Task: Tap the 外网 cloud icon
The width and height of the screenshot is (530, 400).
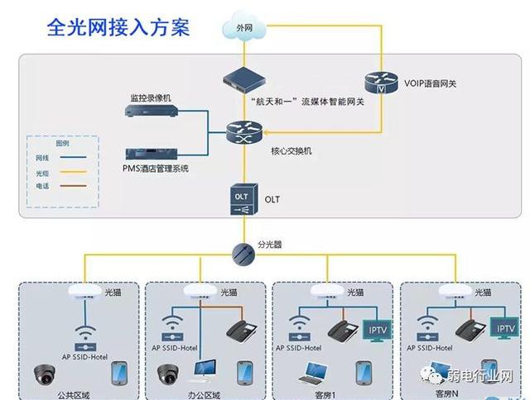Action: pyautogui.click(x=243, y=28)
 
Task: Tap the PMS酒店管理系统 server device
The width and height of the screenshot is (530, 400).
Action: pyautogui.click(x=151, y=154)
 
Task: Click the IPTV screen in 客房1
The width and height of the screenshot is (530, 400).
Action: pyautogui.click(x=377, y=329)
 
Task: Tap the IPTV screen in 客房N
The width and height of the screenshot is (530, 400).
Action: pyautogui.click(x=503, y=328)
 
